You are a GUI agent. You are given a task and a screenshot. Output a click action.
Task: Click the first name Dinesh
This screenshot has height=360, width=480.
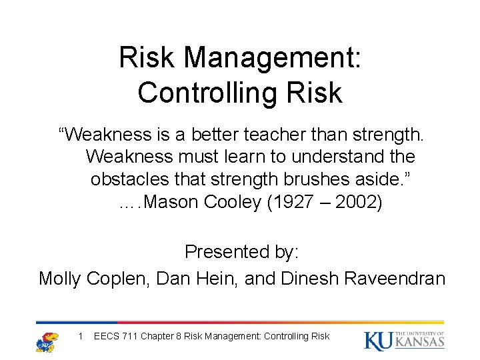coord(311,278)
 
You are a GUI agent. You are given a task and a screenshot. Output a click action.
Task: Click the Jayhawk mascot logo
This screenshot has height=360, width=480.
coord(47,341)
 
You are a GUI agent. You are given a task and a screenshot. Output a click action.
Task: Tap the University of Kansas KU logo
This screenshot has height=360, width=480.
coord(404,340)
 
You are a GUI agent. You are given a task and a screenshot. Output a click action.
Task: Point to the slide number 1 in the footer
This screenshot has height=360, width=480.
coord(80,336)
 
